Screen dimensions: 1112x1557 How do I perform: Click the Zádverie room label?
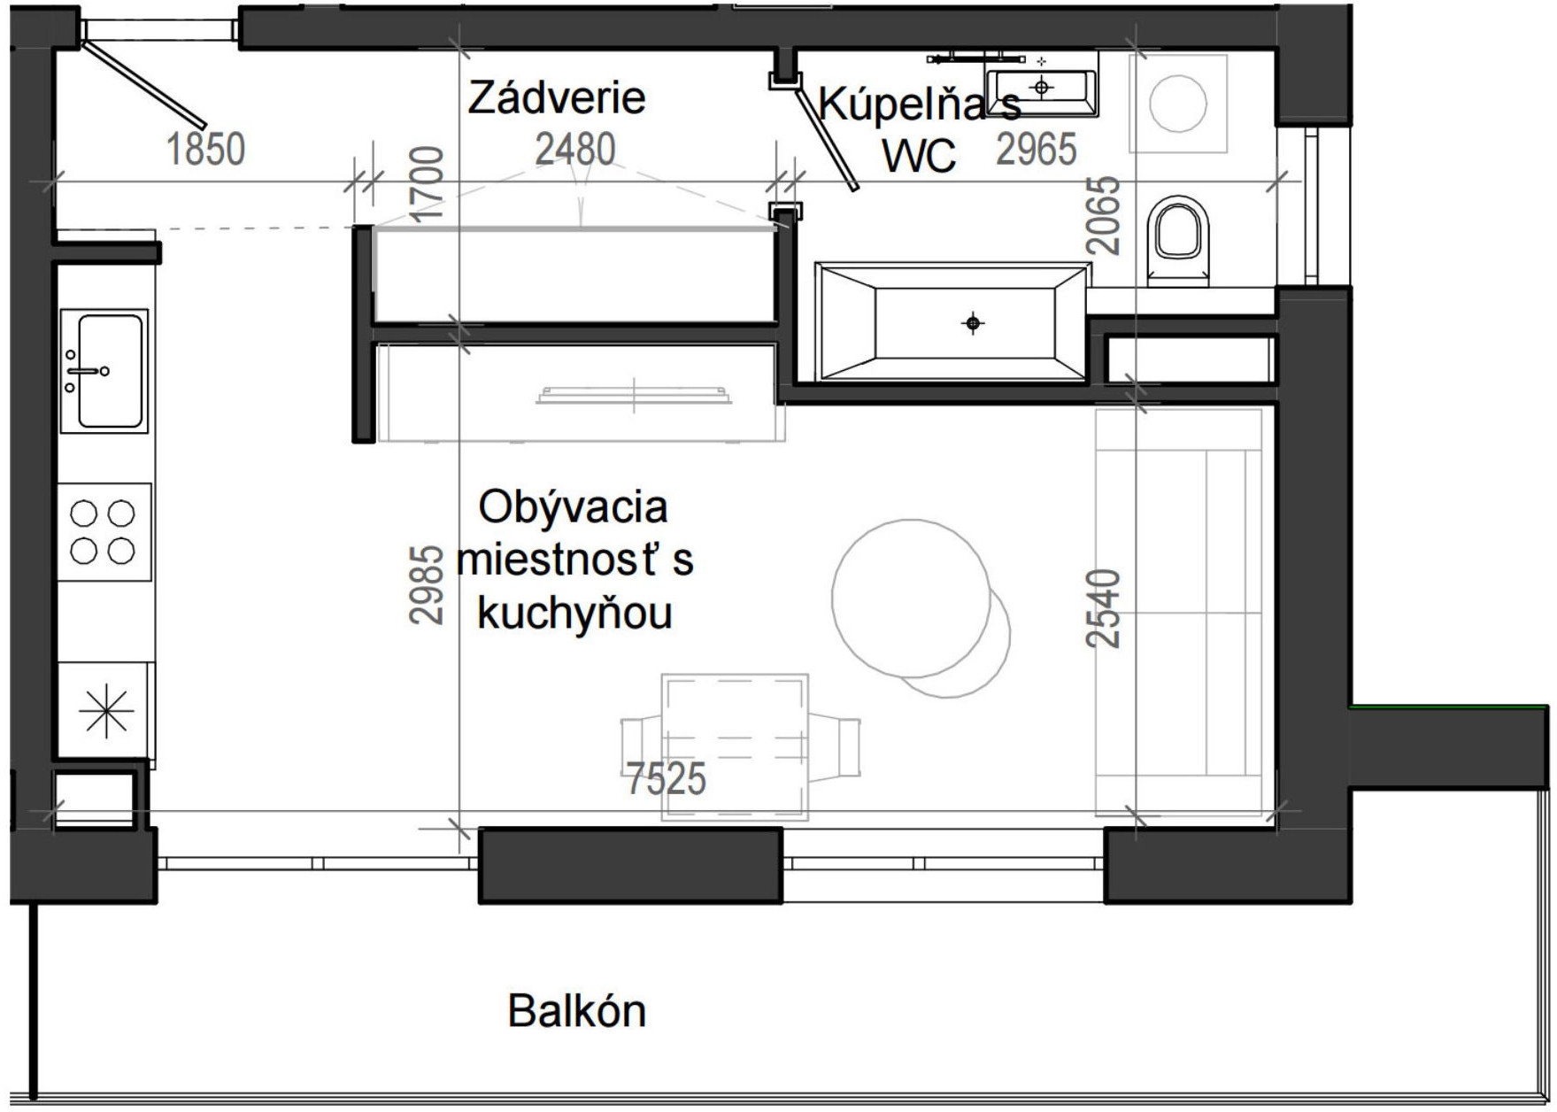556,97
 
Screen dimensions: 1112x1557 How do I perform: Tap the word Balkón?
576,1011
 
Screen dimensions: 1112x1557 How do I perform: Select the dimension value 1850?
205,149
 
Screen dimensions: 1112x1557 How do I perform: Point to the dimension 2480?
575,149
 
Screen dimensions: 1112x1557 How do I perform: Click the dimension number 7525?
666,779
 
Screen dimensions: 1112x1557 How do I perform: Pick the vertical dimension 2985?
427,584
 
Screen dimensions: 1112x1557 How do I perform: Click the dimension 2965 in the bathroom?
1036,149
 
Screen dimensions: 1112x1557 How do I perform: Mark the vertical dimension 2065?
1105,216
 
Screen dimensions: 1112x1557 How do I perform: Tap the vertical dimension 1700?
427,184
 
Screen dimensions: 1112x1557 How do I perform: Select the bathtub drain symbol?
973,323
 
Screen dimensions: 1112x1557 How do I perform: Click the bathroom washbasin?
1042,88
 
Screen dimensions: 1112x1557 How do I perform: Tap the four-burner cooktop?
103,531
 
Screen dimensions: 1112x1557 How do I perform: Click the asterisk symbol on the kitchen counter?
105,710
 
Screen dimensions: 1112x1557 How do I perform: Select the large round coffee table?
911,598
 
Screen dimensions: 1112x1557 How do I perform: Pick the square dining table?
735,746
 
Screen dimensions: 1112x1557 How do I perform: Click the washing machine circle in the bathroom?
1178,104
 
